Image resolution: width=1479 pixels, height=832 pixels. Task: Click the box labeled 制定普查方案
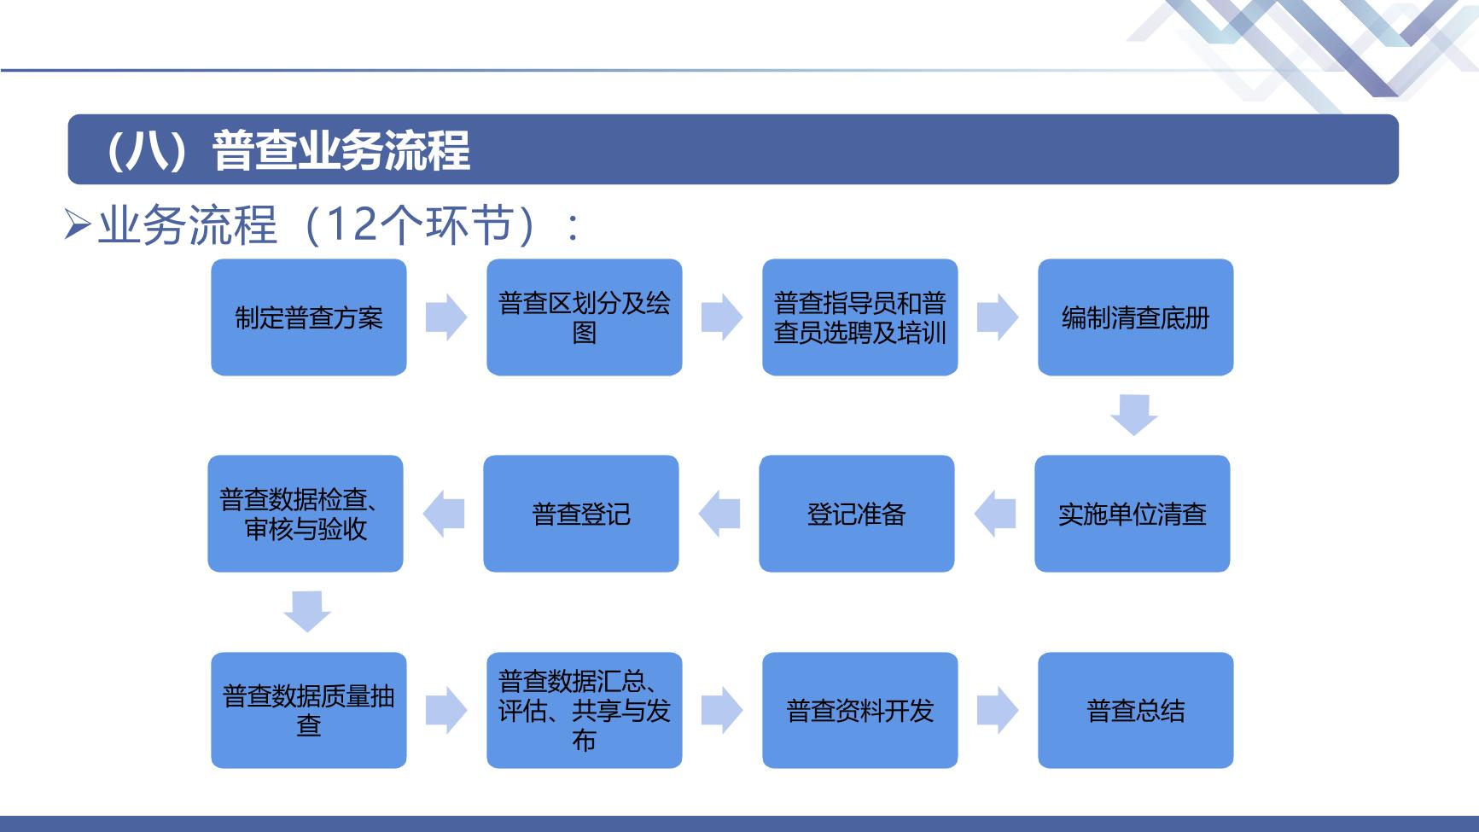pos(309,317)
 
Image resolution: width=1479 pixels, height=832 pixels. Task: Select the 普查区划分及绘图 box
pos(585,317)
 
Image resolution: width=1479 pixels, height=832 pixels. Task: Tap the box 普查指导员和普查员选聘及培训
pos(860,317)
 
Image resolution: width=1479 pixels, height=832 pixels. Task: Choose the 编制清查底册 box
pos(1136,317)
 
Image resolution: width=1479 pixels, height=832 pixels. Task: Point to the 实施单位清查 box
pos(1133,514)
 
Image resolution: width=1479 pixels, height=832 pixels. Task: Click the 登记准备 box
pos(857,514)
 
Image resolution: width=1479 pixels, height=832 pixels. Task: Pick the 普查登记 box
pos(581,514)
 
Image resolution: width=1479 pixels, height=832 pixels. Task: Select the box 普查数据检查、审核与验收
pos(306,514)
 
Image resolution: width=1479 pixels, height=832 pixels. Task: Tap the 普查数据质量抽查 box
pos(309,710)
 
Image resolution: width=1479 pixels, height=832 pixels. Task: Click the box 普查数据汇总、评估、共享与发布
pos(585,710)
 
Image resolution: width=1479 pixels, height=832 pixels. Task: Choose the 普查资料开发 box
pos(860,710)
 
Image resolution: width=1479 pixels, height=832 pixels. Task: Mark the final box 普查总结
pos(1136,710)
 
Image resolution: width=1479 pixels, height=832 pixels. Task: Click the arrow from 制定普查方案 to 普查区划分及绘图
pos(446,317)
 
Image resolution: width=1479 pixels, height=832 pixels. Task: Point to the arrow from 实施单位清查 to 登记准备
pos(995,514)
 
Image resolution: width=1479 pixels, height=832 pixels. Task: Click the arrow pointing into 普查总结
pos(998,710)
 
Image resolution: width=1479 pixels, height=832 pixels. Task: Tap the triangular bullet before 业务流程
pos(79,226)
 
